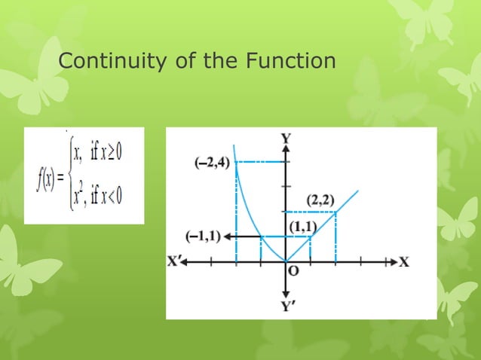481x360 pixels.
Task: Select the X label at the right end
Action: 404,262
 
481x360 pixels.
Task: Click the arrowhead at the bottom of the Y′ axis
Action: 286,294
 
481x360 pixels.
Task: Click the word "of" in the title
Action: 177,61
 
